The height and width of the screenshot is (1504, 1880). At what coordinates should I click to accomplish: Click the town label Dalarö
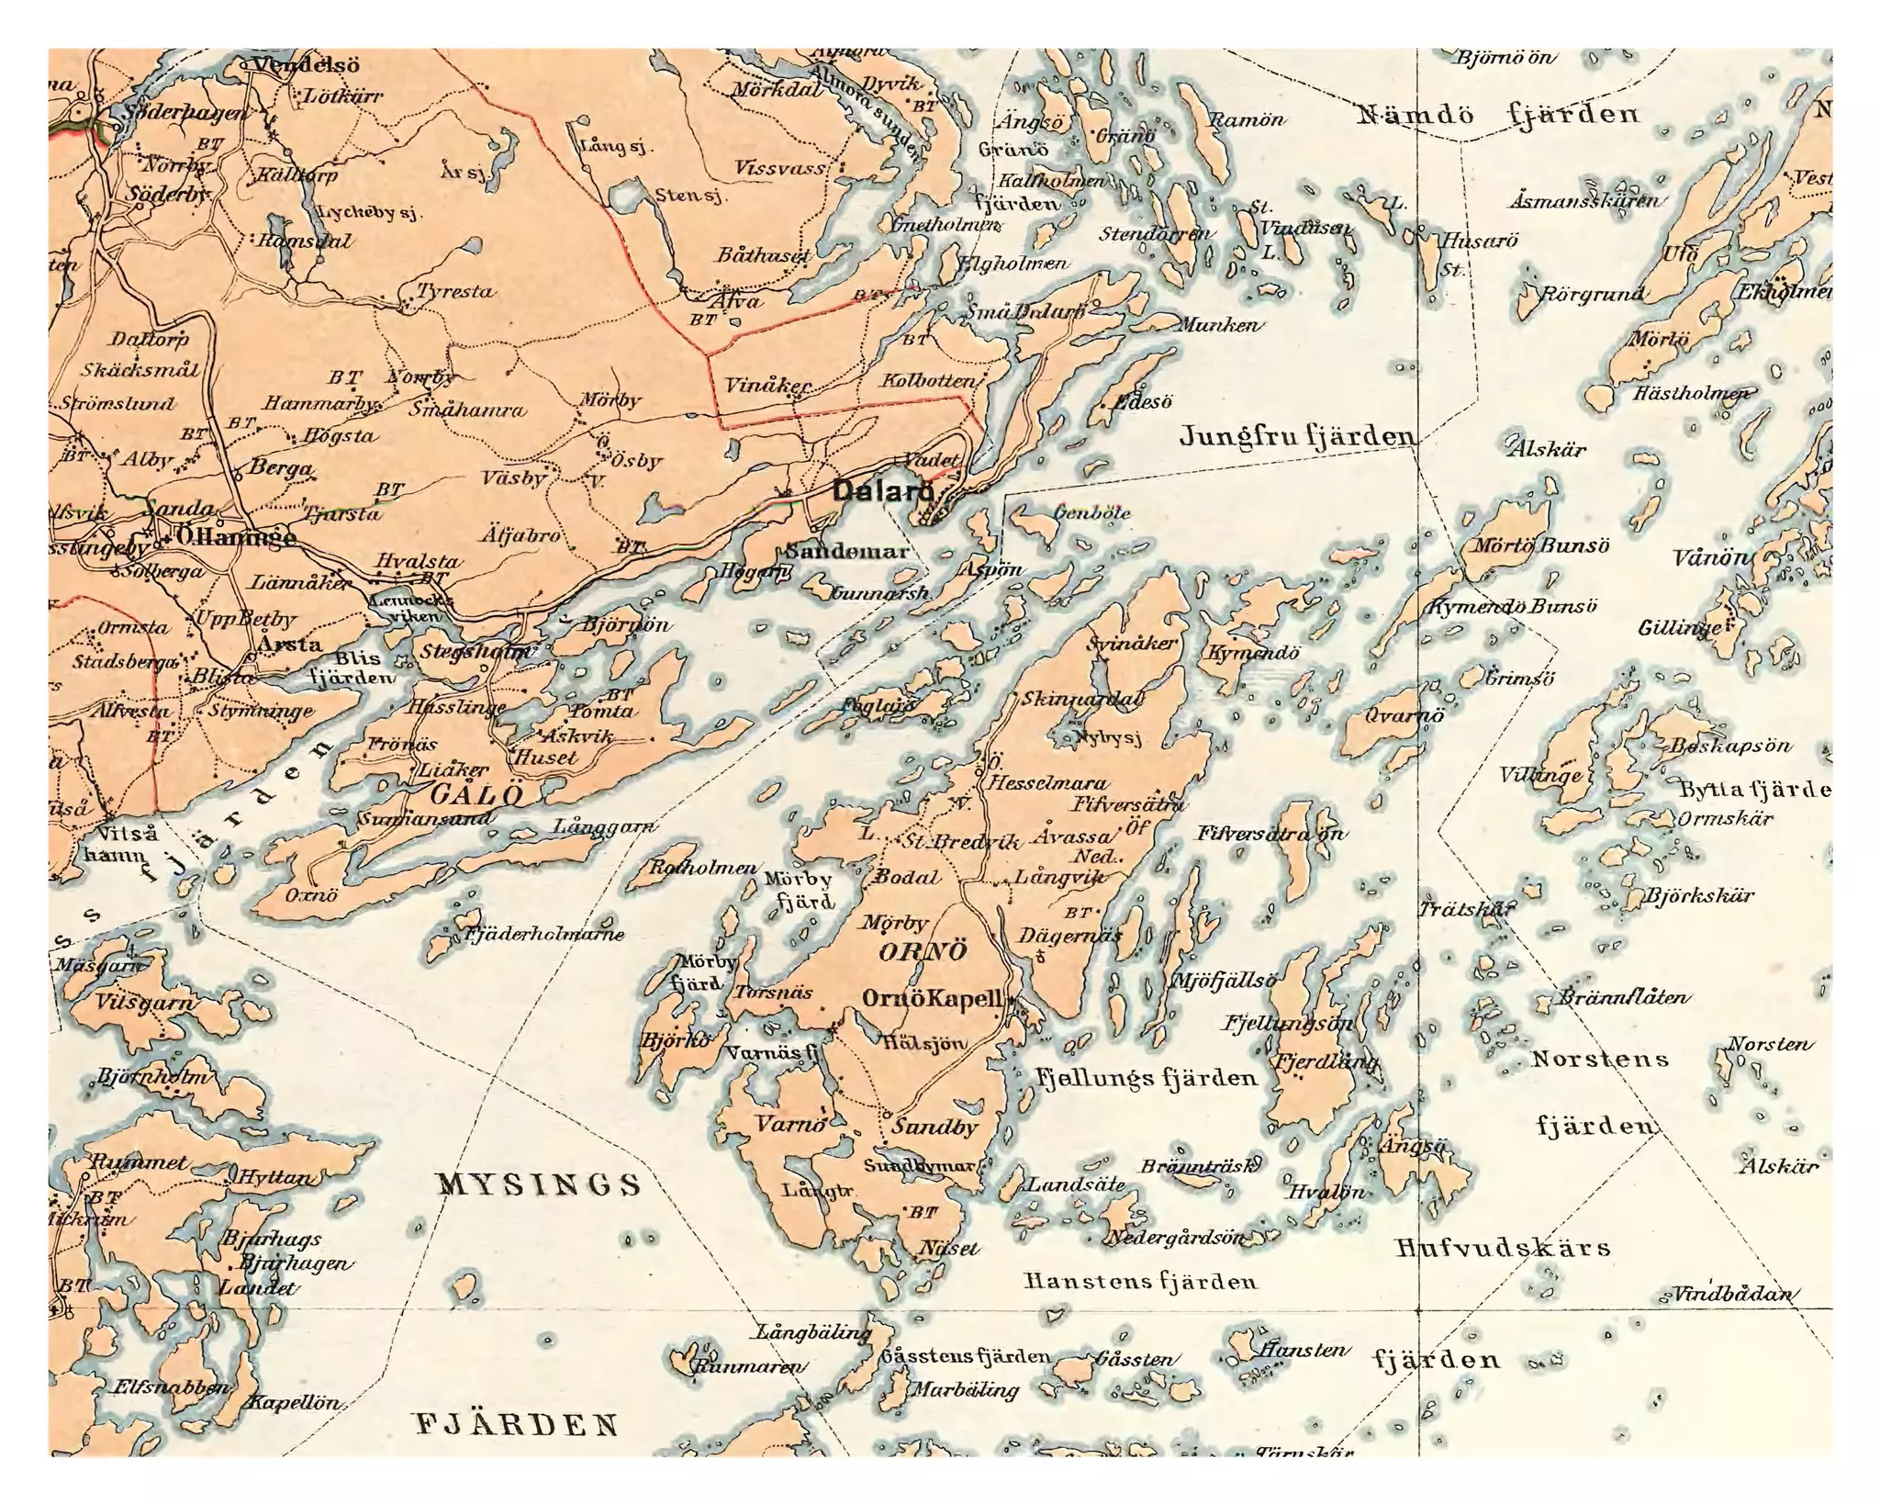pos(882,490)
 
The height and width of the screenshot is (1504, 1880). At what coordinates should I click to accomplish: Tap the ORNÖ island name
pos(923,951)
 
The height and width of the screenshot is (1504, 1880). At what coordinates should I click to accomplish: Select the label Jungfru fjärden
pos(1296,436)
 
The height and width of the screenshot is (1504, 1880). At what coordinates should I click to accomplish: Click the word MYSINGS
pos(539,1184)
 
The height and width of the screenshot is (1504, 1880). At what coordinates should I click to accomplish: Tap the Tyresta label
pos(455,292)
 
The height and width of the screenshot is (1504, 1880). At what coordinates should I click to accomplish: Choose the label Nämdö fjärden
pos(1497,115)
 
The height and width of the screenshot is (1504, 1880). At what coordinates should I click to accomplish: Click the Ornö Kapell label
pos(931,999)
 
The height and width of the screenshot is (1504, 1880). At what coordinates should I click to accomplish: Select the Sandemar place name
pos(846,552)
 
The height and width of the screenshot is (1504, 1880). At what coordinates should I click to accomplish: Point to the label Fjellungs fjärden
pos(1147,1078)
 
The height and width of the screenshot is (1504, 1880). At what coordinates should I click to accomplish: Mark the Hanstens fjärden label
pos(1140,1281)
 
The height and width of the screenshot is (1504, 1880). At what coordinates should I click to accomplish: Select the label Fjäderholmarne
pos(544,935)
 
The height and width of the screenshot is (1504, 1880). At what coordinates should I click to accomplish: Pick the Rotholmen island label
pos(703,868)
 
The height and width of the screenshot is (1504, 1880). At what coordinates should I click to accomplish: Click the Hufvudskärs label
pos(1503,1248)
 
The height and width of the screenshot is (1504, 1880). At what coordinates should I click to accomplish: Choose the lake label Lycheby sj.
pos(367,213)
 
